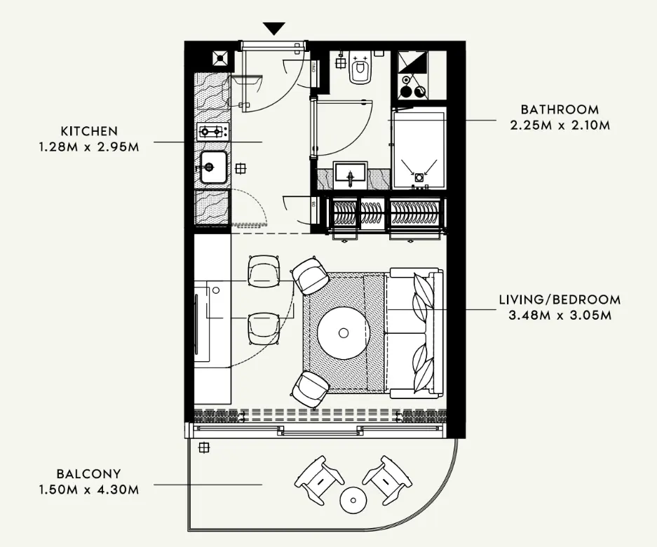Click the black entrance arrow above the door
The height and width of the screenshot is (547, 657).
click(275, 28)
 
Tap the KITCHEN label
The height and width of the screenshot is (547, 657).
click(89, 131)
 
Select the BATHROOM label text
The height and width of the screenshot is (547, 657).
click(560, 109)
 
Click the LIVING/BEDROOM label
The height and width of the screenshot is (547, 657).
click(560, 299)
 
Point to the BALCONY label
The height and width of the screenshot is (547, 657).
click(89, 474)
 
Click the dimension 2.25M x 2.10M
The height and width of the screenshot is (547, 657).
click(560, 125)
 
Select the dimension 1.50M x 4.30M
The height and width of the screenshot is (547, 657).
click(89, 489)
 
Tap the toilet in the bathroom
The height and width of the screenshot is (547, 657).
click(360, 69)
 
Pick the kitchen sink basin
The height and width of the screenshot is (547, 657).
click(213, 168)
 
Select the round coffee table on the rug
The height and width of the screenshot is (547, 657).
click(344, 333)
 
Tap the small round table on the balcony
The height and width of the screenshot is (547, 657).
click(353, 500)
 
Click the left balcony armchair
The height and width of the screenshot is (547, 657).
click(319, 479)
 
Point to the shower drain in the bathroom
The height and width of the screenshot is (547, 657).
click(419, 177)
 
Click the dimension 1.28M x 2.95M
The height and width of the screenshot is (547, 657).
click(89, 147)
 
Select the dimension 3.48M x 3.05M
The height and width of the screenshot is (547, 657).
click(560, 315)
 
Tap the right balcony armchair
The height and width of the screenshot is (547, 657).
click(387, 478)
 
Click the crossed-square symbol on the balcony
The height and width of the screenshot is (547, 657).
click(204, 448)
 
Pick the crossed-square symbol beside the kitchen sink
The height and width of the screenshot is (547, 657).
click(241, 168)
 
